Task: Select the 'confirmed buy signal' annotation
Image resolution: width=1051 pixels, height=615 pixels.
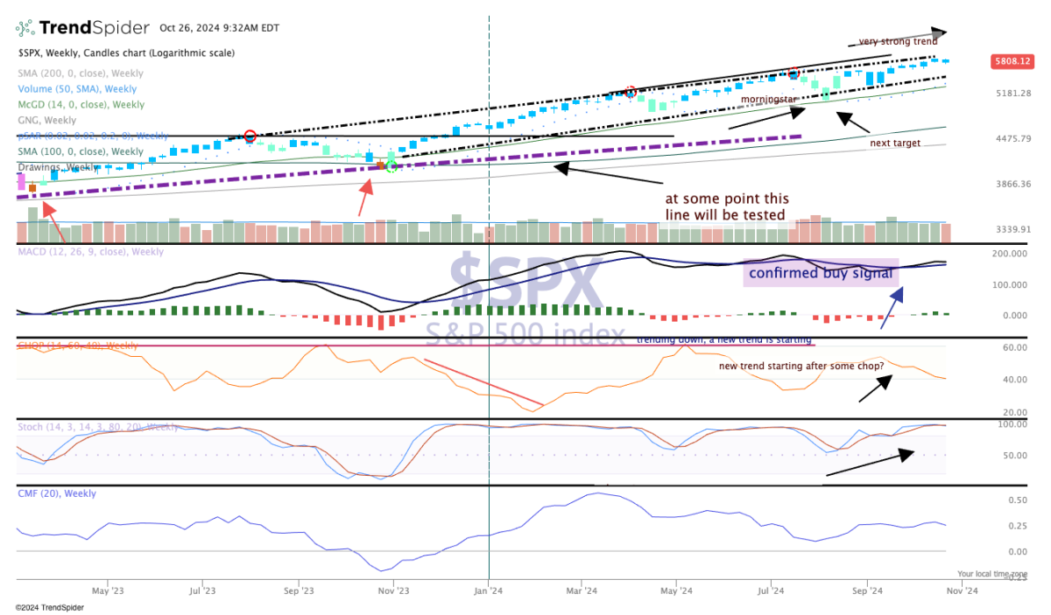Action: [821, 273]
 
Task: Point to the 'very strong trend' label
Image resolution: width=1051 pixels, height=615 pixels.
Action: [898, 41]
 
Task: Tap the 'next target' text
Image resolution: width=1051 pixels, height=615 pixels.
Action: [895, 143]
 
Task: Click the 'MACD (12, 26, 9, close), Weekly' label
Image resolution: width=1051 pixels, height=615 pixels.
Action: [90, 252]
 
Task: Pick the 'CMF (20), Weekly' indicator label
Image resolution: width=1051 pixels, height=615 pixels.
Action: [57, 493]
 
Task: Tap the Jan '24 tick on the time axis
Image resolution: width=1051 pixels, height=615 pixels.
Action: [488, 591]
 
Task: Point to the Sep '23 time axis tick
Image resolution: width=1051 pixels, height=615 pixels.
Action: [299, 591]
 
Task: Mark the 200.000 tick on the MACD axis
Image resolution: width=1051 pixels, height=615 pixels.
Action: [1009, 254]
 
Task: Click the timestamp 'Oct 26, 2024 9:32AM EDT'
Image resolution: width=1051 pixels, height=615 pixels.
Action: [219, 28]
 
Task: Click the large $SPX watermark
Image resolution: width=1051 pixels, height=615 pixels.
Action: [525, 284]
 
